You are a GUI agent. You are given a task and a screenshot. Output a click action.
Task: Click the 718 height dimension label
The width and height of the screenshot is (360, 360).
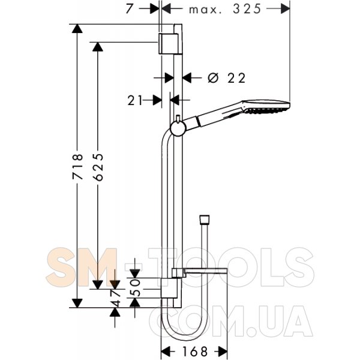click(77, 166)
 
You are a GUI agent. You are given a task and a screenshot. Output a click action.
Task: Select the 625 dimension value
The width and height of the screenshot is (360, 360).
click(99, 167)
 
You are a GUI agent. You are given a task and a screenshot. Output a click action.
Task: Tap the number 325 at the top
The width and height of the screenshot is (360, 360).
click(247, 9)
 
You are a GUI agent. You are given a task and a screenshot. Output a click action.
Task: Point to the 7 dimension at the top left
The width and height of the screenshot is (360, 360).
click(129, 9)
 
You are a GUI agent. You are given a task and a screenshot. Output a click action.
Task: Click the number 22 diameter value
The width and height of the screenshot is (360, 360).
click(236, 78)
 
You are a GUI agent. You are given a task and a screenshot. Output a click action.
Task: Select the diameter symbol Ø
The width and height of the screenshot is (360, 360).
click(213, 78)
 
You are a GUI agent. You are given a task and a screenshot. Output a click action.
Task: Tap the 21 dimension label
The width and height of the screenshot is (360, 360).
click(135, 101)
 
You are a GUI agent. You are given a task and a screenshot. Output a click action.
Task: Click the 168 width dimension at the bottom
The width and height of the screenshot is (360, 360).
click(194, 351)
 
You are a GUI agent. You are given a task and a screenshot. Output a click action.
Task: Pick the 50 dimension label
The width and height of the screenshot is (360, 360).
click(136, 287)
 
